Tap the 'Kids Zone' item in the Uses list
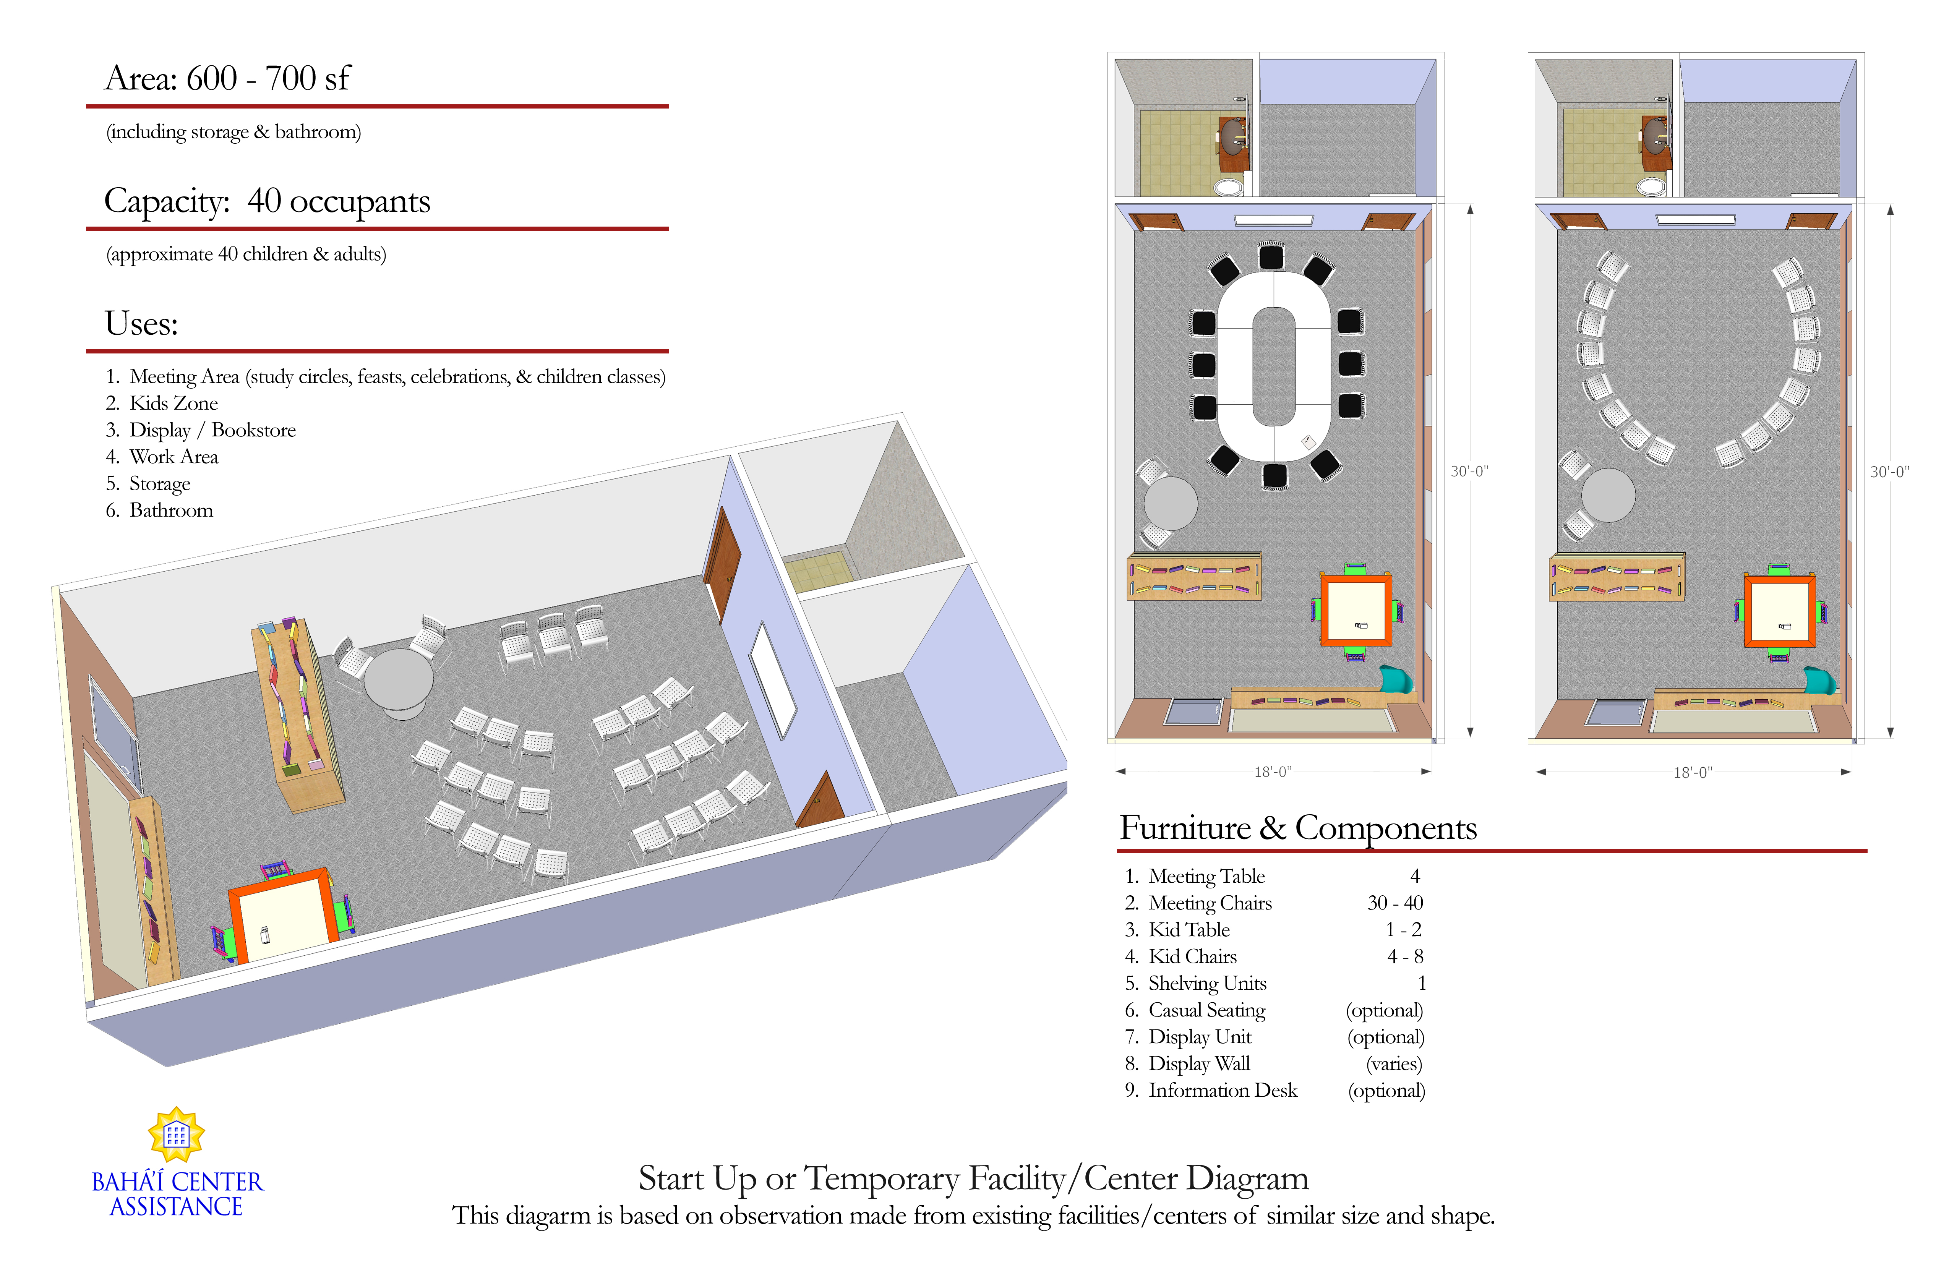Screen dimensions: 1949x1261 click(173, 403)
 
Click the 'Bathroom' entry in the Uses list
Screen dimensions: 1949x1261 click(171, 510)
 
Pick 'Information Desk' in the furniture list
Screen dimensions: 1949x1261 click(1223, 1090)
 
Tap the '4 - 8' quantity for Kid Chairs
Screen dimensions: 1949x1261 click(1405, 956)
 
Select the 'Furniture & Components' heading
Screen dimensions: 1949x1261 click(1298, 828)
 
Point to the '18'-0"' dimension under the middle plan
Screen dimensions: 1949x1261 click(1273, 772)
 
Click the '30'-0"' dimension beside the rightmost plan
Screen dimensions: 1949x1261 click(1889, 472)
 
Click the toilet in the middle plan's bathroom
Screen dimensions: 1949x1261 click(1228, 188)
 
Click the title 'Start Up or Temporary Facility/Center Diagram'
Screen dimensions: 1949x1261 click(974, 1178)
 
